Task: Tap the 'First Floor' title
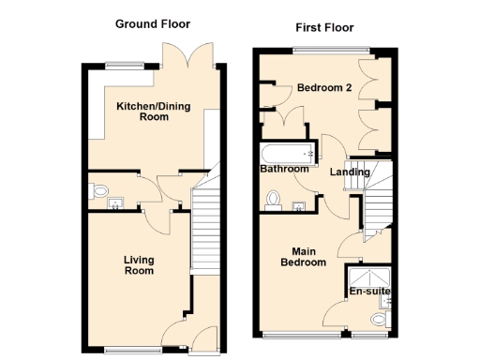[323, 28]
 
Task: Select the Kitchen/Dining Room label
[153, 112]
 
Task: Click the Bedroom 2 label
[324, 88]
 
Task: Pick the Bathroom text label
[284, 169]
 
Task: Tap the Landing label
[350, 172]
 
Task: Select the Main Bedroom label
[308, 257]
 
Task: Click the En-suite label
[369, 292]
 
